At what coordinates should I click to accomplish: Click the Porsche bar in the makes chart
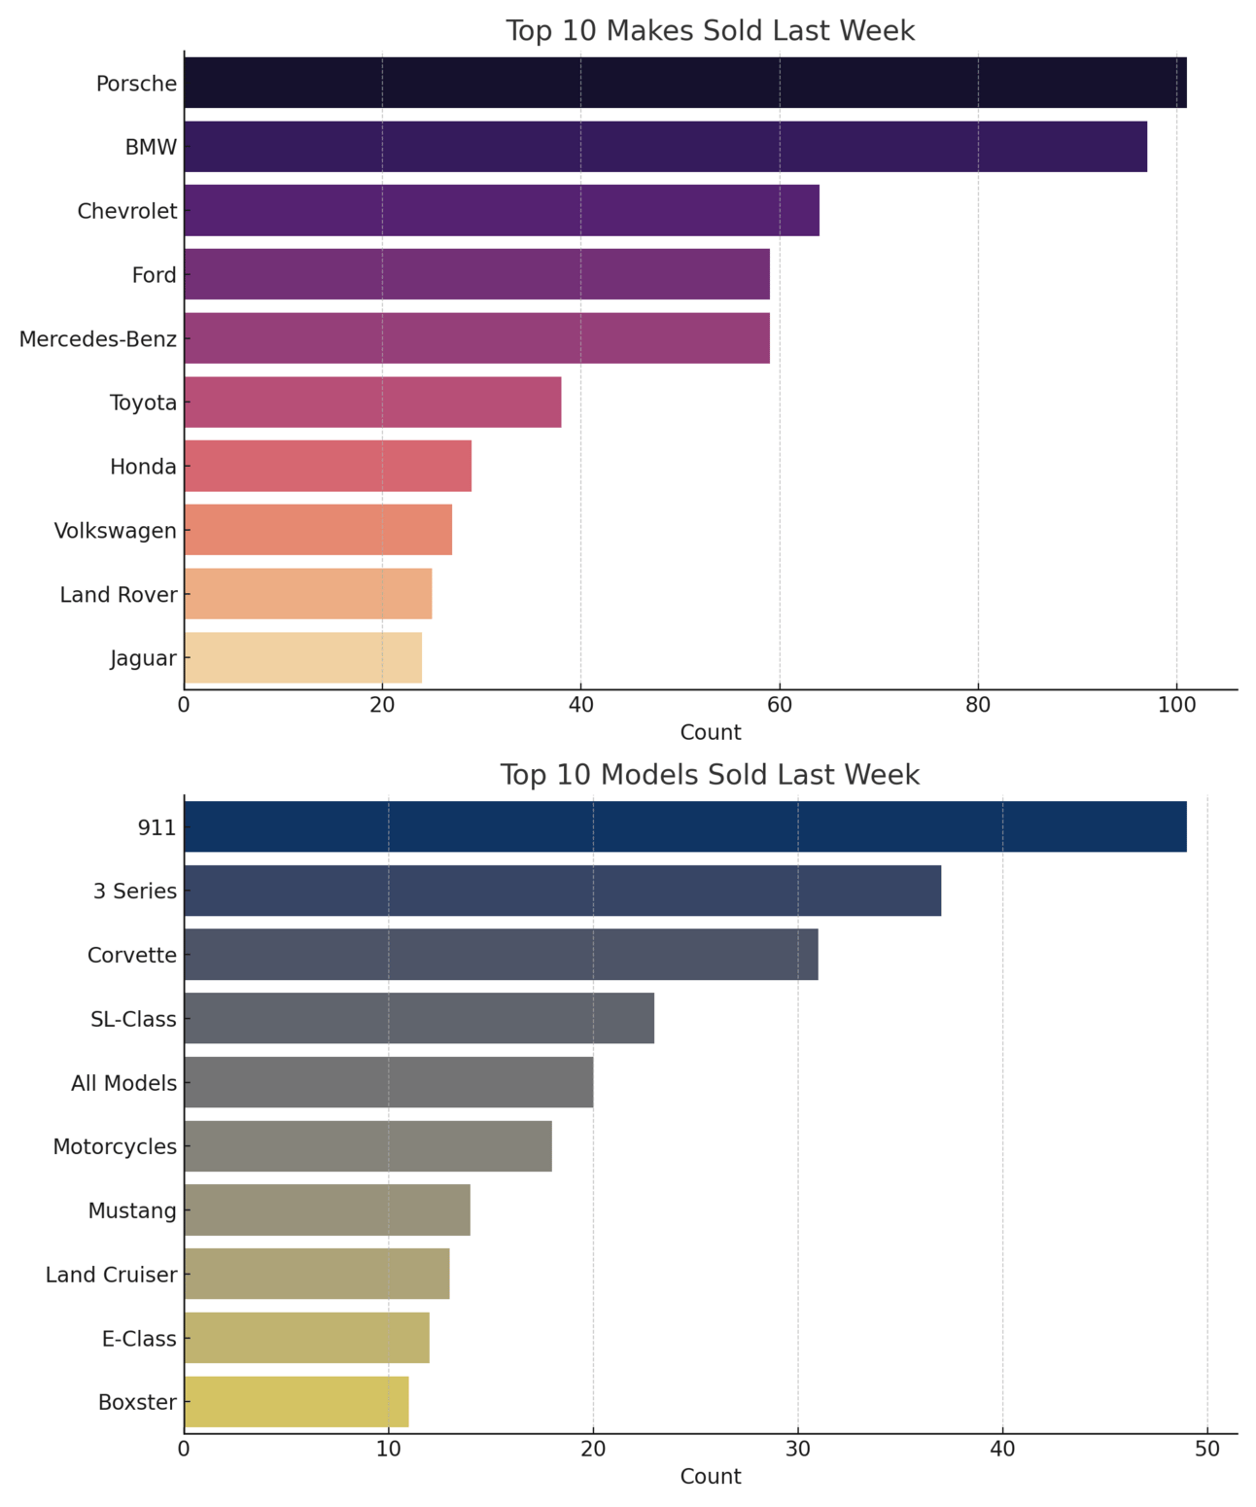[684, 83]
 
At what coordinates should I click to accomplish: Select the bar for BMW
[665, 147]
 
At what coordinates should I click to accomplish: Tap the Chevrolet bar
[501, 211]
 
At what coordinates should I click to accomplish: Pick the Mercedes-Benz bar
[476, 338]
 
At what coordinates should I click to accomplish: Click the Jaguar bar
[302, 658]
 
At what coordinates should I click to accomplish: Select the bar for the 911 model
[684, 826]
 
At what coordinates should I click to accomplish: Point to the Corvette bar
[501, 955]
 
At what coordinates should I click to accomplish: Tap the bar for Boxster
[296, 1402]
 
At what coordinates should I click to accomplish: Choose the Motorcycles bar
[367, 1146]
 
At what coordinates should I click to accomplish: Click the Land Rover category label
[119, 595]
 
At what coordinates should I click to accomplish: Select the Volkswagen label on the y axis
[116, 531]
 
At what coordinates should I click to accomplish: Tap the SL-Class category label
[133, 1019]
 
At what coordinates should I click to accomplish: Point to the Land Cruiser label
[112, 1275]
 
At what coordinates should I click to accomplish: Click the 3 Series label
[135, 891]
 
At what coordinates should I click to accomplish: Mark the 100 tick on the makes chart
[1176, 704]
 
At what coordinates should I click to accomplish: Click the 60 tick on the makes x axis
[780, 704]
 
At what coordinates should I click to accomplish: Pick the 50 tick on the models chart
[1207, 1448]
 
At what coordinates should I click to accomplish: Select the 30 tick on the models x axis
[798, 1448]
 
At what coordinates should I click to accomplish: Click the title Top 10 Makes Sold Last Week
[710, 31]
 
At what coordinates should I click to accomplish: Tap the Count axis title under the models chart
[710, 1477]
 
